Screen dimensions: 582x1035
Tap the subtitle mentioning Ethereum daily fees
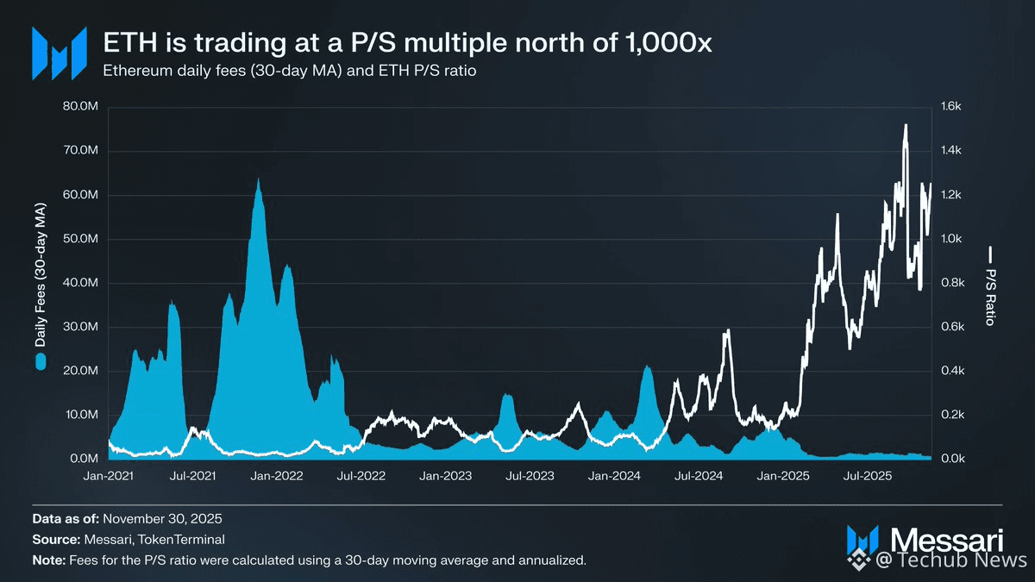[x=290, y=70]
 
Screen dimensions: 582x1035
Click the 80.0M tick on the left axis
[x=84, y=107]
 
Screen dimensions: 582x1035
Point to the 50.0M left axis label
[x=84, y=239]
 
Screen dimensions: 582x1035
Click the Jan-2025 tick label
[x=783, y=476]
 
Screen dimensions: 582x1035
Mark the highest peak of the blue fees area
[x=258, y=180]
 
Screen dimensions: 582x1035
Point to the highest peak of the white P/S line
[x=906, y=126]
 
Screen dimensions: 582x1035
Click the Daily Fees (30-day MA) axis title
[x=41, y=276]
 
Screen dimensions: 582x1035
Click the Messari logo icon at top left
[x=59, y=53]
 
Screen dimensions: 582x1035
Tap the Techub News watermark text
[x=953, y=561]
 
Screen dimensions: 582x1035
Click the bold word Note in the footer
[x=47, y=560]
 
